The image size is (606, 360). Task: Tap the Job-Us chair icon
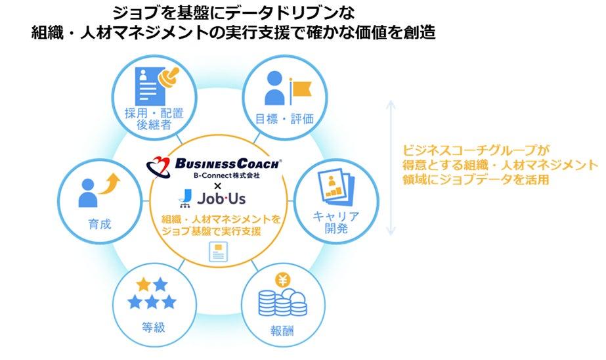click(186, 198)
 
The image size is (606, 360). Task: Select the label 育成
click(100, 224)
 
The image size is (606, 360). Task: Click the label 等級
click(154, 328)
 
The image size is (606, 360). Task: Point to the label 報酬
click(282, 330)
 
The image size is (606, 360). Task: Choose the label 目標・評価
click(284, 119)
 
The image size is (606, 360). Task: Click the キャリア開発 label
click(336, 222)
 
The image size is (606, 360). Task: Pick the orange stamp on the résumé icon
click(169, 78)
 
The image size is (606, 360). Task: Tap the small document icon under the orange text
click(219, 252)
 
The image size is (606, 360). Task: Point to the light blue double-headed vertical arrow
click(391, 168)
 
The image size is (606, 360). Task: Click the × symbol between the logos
click(217, 187)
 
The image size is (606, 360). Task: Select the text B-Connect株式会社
click(227, 175)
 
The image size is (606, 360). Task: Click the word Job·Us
click(221, 199)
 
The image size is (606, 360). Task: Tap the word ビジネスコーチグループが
click(476, 150)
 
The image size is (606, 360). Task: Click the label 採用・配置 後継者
click(154, 119)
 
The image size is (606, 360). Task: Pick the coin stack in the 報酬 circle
click(283, 302)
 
